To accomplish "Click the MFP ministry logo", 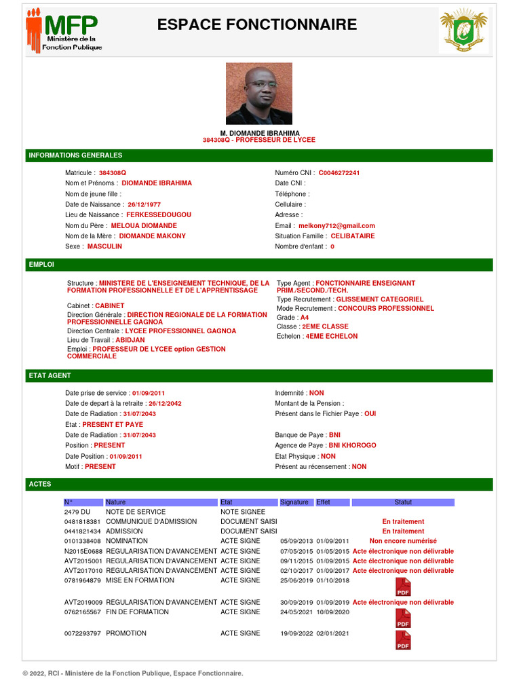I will coord(64,31).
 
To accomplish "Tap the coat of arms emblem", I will coord(463,31).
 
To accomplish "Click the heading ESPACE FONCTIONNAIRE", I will coord(257,25).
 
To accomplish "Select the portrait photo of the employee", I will coord(259,93).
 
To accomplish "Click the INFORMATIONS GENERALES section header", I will coord(75,155).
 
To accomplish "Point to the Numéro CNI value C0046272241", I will coord(339,173).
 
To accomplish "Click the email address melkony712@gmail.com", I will coord(336,226).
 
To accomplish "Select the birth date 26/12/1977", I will coord(144,204).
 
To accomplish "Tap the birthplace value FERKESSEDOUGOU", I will coord(155,215).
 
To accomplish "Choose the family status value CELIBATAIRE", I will coord(352,236).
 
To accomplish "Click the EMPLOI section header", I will coord(41,265).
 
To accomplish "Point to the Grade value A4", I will coord(305,318).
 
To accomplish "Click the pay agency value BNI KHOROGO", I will coord(352,446).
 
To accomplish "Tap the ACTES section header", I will coord(40,484).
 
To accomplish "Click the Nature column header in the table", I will coord(116,502).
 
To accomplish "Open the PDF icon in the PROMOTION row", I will coord(403,639).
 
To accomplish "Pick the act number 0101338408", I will coord(83,541).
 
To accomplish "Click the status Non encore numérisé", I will coord(403,541).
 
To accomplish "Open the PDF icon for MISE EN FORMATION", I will coord(403,586).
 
